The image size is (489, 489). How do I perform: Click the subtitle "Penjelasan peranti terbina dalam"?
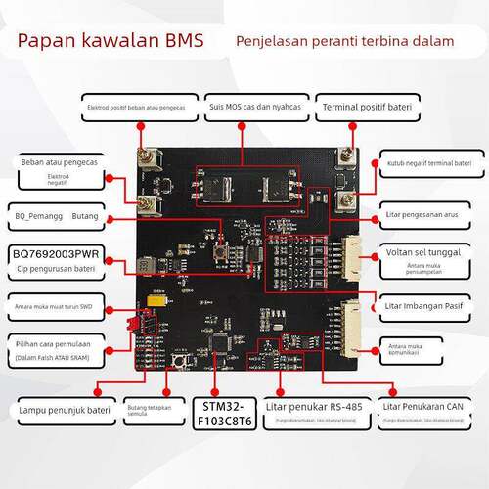coord(344,41)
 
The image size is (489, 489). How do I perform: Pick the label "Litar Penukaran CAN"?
coord(422,406)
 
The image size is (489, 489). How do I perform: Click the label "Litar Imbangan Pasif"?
coord(424,303)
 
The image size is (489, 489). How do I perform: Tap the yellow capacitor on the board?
coord(156,302)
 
